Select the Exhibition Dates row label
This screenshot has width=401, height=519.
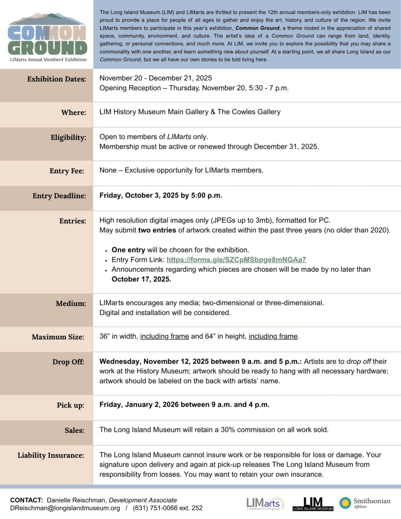56,79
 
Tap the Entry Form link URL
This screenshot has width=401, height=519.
236,260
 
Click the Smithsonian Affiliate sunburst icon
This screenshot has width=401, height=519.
345,503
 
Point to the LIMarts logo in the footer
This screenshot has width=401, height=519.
265,503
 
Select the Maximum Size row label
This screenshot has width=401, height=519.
58,337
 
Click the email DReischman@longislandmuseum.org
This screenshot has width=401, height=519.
65,508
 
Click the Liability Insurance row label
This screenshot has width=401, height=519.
51,456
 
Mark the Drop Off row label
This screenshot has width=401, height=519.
69,362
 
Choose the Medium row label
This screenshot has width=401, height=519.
71,303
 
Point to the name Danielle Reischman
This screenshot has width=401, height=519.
76,499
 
